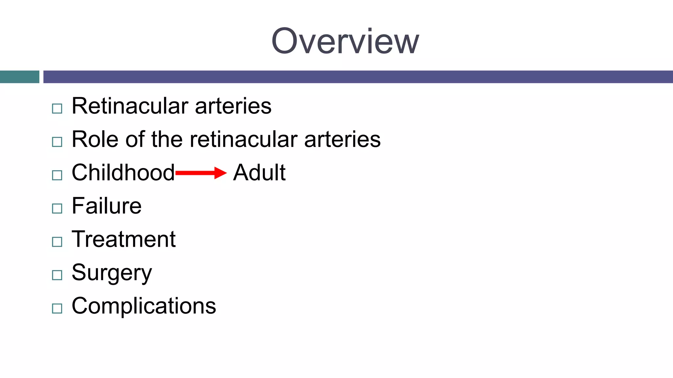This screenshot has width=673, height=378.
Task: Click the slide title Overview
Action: tap(345, 41)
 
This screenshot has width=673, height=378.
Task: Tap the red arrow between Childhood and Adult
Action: tap(201, 173)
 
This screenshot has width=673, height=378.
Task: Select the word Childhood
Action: tap(123, 173)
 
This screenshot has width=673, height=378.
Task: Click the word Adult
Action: tap(259, 173)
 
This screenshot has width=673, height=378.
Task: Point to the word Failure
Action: tap(106, 206)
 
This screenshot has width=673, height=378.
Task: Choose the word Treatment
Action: tap(124, 239)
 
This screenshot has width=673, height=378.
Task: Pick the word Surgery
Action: tap(112, 273)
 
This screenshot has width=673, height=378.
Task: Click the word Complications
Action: tap(144, 306)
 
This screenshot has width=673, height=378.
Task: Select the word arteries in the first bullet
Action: tap(233, 106)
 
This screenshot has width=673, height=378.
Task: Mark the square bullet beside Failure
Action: tap(57, 208)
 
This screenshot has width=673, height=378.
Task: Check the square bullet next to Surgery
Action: tap(57, 275)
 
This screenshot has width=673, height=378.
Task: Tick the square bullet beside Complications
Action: tap(57, 308)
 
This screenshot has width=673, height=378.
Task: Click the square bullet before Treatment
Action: tap(57, 242)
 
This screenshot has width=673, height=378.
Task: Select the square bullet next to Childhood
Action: tap(57, 175)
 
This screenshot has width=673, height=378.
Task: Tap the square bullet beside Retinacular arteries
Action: tap(57, 109)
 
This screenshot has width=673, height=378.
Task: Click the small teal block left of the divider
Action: tap(19, 77)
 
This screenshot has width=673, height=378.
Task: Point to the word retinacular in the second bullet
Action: tap(244, 139)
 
